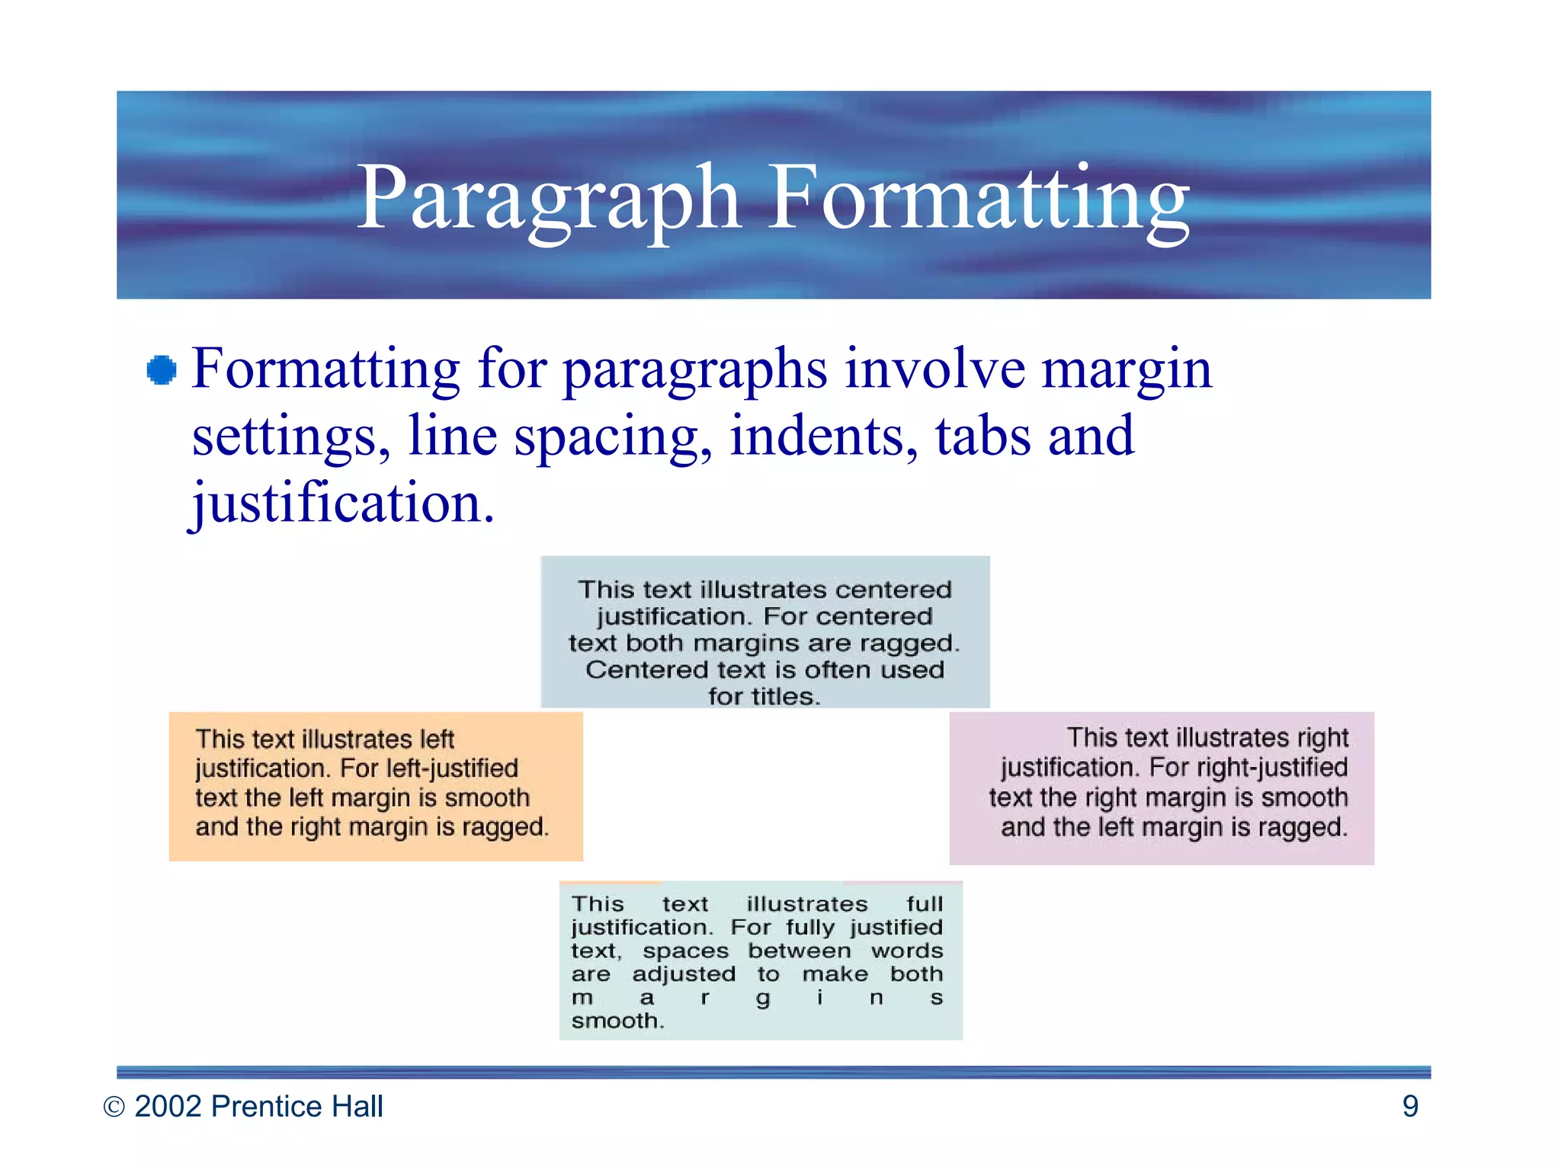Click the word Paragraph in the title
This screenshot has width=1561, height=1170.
coord(549,200)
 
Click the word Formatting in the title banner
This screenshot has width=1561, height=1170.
coord(978,200)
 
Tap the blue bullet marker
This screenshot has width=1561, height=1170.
coord(162,370)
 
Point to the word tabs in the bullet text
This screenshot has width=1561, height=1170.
coord(982,437)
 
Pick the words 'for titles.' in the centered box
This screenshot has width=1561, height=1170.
coord(764,696)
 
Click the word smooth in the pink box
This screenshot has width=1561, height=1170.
coord(1304,798)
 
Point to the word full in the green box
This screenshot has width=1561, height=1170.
coord(925,904)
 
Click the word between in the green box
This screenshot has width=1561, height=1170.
coord(800,951)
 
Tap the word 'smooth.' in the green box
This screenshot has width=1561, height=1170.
coord(617,1021)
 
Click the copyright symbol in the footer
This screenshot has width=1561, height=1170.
coord(114,1107)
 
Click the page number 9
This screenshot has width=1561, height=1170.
coord(1410,1107)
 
